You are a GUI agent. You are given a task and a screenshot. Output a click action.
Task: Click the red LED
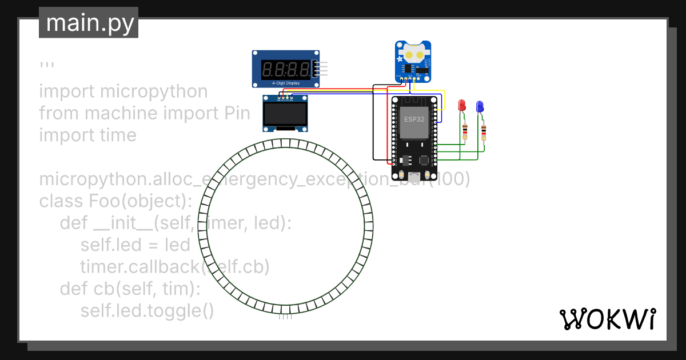point(462,106)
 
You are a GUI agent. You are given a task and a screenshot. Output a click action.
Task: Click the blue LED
point(480,106)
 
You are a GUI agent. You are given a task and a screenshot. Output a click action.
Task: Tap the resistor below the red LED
point(465,132)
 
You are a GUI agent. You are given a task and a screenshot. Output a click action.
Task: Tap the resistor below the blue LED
point(484,133)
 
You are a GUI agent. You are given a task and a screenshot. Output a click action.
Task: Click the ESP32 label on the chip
point(414,119)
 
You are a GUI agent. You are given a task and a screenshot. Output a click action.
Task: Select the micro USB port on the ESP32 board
point(414,176)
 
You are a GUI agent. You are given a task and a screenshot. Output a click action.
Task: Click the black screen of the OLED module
point(285,117)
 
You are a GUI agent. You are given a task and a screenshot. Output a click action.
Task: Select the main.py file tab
point(89,23)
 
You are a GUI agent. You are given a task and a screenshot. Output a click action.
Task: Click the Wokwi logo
point(607,319)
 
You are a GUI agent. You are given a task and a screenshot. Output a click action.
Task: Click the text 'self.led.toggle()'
point(147,311)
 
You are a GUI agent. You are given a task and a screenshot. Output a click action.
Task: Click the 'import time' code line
point(87,135)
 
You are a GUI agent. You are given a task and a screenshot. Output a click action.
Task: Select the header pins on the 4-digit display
point(323,69)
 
